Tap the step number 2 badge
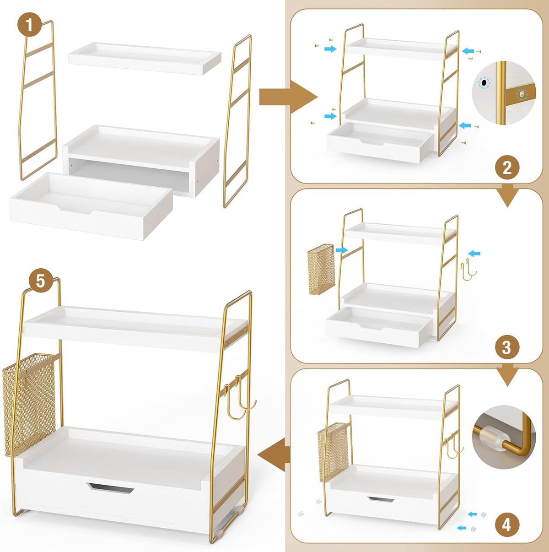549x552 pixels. point(507,168)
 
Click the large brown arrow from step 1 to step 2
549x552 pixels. point(288,97)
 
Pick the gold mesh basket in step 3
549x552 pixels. point(321,269)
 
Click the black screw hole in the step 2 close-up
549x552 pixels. point(484,83)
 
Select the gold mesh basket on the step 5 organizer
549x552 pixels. point(29,405)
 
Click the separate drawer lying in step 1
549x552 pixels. point(91,206)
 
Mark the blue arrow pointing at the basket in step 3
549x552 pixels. point(342,250)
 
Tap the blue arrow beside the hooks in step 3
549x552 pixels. point(474,253)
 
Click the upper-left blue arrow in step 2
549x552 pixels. point(330,49)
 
